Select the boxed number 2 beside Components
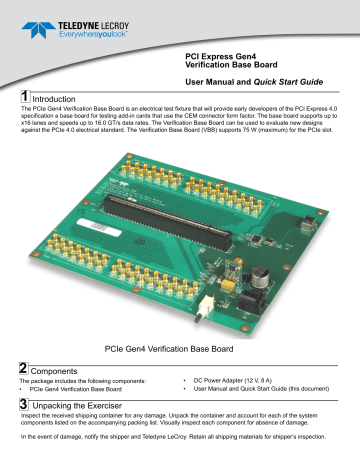point(24,368)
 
